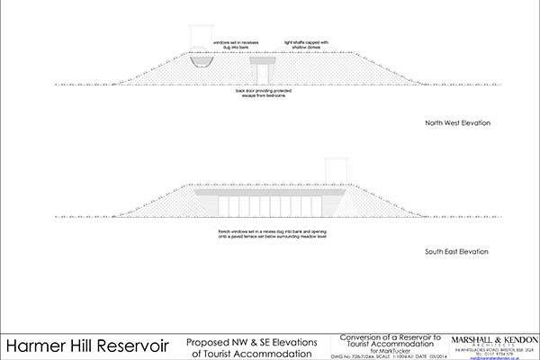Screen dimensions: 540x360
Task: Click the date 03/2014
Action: (x=429, y=355)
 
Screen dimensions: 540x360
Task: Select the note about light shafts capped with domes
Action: (x=307, y=45)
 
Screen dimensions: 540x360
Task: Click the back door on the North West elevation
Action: (x=265, y=74)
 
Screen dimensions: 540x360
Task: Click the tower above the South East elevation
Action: (x=335, y=168)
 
